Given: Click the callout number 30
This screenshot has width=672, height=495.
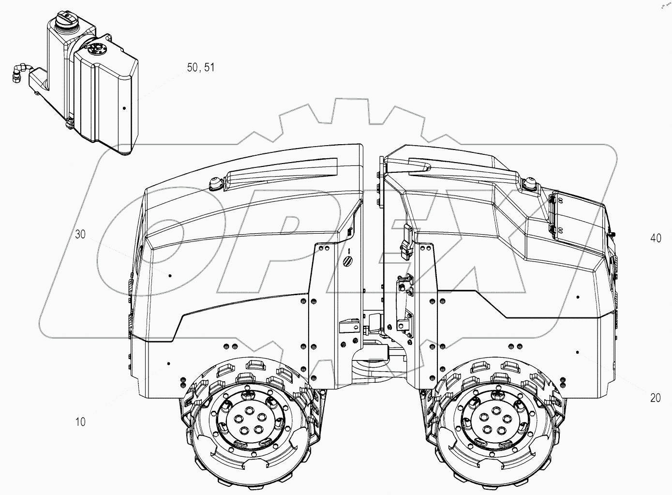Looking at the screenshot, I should [x=80, y=235].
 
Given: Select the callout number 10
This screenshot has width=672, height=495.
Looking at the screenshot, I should [x=80, y=422].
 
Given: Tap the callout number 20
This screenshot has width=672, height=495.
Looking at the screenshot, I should [x=655, y=398].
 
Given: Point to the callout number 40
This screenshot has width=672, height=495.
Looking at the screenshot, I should [x=656, y=238].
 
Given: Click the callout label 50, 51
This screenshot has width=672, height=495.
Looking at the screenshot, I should [x=201, y=68].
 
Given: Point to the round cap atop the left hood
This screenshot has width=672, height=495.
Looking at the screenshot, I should [x=215, y=182].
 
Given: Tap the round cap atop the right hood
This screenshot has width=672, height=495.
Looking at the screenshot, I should [x=530, y=184].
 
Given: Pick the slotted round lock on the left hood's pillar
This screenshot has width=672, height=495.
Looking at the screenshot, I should [x=349, y=260].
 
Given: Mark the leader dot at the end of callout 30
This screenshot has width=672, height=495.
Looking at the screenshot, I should [x=170, y=275].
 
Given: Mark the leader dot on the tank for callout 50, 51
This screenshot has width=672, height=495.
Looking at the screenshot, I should [x=124, y=108].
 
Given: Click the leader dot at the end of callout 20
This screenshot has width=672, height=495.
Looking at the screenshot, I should [x=578, y=350].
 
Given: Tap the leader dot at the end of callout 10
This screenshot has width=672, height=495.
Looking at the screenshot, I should [x=168, y=363].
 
